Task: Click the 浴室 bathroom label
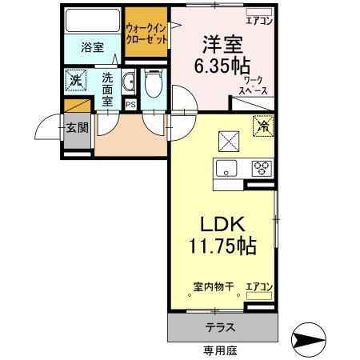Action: [x=92, y=47]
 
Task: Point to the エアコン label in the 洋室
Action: [x=258, y=21]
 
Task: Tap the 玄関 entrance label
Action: [x=77, y=127]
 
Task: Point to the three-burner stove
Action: [x=260, y=168]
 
